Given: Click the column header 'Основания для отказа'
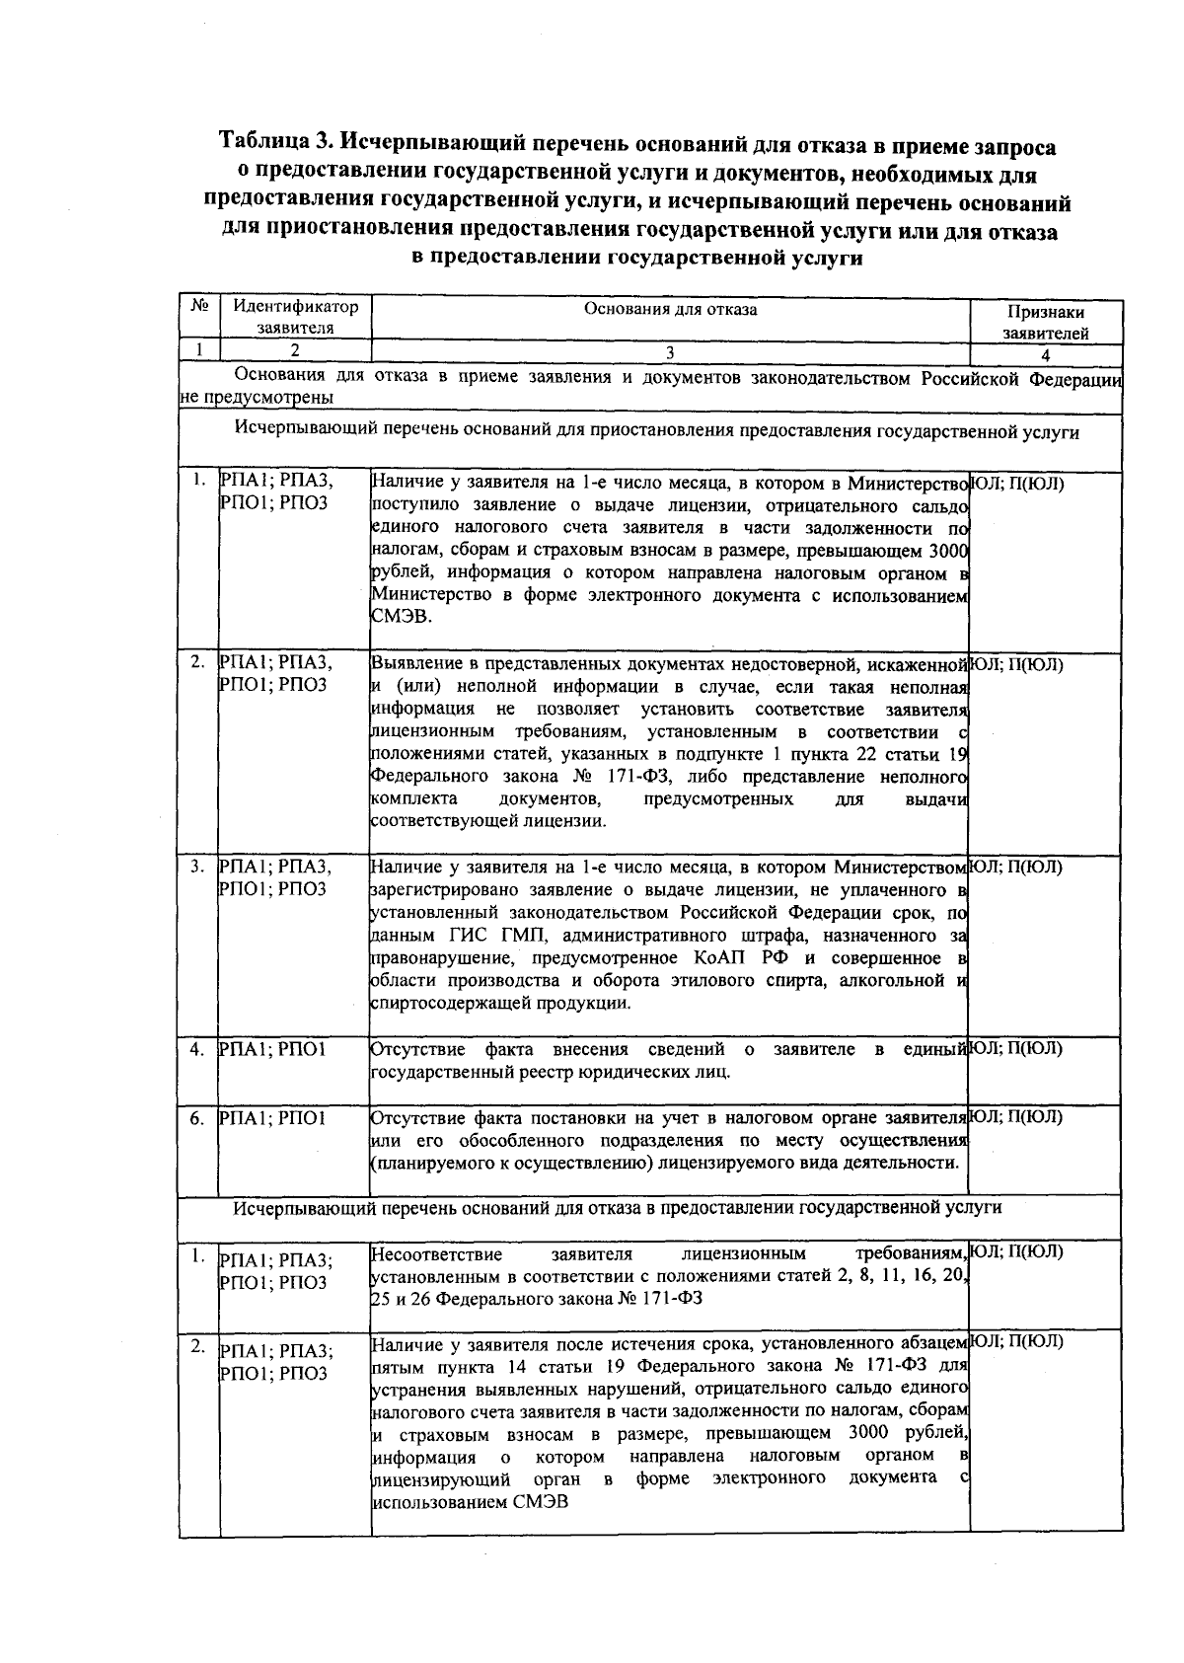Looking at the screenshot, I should click(x=670, y=310).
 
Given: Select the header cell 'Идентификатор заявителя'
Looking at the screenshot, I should click(x=295, y=317).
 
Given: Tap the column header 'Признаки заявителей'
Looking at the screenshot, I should click(x=1046, y=322).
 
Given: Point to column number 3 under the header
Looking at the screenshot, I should click(x=670, y=351).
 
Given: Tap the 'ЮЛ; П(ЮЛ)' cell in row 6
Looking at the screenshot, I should click(x=1017, y=1117).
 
